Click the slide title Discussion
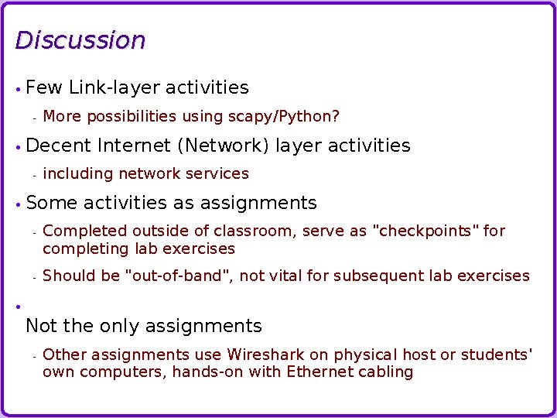pyautogui.click(x=80, y=40)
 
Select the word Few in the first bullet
pyautogui.click(x=44, y=87)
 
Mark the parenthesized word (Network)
pyautogui.click(x=224, y=146)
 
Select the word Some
pyautogui.click(x=51, y=203)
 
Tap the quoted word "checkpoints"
pyautogui.click(x=425, y=231)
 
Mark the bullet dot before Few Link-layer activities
pyautogui.click(x=17, y=89)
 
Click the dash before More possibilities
pyautogui.click(x=35, y=118)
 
